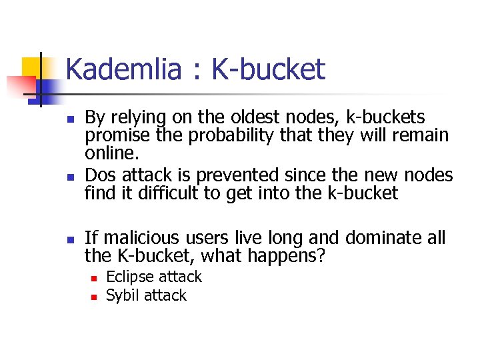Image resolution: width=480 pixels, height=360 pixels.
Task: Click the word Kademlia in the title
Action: pos(123,69)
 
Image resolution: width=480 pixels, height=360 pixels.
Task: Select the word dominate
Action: pos(378,237)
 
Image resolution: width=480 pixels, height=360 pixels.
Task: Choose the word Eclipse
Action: pos(129,277)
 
